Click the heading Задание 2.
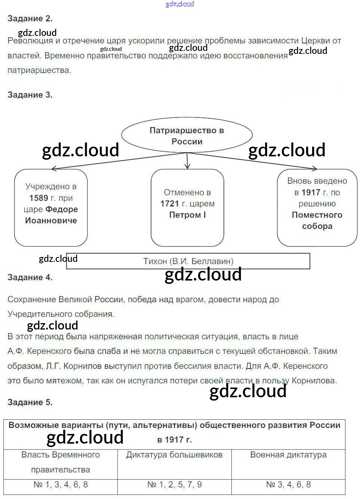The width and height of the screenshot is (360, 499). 30,18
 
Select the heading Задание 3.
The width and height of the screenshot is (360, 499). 30,95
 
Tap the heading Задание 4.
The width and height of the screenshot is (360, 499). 30,278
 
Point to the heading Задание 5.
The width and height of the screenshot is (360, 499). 30,402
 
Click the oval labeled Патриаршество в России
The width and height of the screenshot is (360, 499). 187,136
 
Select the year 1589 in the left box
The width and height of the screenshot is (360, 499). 39,198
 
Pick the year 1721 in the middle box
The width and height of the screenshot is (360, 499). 170,204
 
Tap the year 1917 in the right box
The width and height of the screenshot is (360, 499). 311,193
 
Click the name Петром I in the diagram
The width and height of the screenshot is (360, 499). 187,215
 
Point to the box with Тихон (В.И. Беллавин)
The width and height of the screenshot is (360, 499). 188,261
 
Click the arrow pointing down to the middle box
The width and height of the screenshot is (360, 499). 187,163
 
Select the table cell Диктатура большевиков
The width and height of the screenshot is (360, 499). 174,455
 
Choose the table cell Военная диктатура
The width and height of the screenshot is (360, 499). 288,455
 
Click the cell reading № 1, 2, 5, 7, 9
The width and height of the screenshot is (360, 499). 174,485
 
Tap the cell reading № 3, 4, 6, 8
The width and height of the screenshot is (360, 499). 288,485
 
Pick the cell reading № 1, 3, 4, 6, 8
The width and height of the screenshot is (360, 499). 61,485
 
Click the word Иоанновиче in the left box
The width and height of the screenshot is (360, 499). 51,221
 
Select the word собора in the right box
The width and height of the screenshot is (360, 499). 317,226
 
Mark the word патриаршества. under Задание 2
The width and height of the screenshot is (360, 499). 39,70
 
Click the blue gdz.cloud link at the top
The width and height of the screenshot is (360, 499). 180,4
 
